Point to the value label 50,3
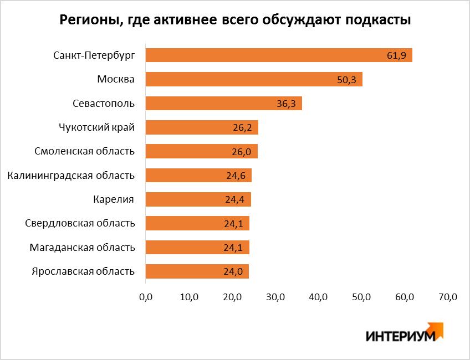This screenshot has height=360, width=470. point(347,80)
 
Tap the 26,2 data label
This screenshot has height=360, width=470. point(243,128)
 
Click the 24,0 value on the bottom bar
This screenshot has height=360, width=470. point(233,272)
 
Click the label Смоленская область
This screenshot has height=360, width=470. point(84,151)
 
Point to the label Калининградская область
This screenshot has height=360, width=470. point(71,176)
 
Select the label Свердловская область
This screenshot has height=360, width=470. point(80,223)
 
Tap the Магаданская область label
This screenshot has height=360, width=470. point(82,247)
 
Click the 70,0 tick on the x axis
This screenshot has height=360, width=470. point(447,297)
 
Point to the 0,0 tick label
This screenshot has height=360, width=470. point(146,297)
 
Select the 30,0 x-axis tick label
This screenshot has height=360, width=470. point(275,297)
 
